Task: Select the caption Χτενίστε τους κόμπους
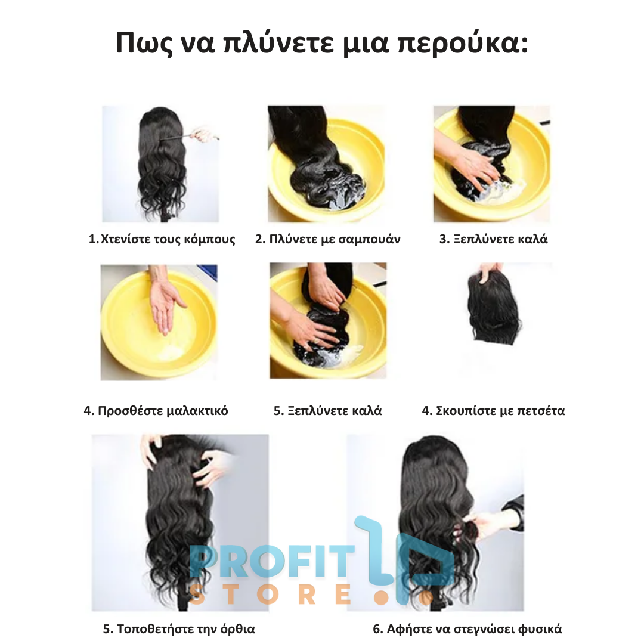click(162, 239)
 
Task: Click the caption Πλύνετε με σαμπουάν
click(327, 239)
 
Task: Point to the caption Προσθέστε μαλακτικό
click(156, 411)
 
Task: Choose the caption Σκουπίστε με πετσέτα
click(493, 411)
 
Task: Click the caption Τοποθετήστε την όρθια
click(179, 629)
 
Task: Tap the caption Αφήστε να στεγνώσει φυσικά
click(467, 629)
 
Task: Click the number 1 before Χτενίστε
click(92, 240)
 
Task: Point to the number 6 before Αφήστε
click(376, 629)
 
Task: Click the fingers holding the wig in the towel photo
click(490, 269)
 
